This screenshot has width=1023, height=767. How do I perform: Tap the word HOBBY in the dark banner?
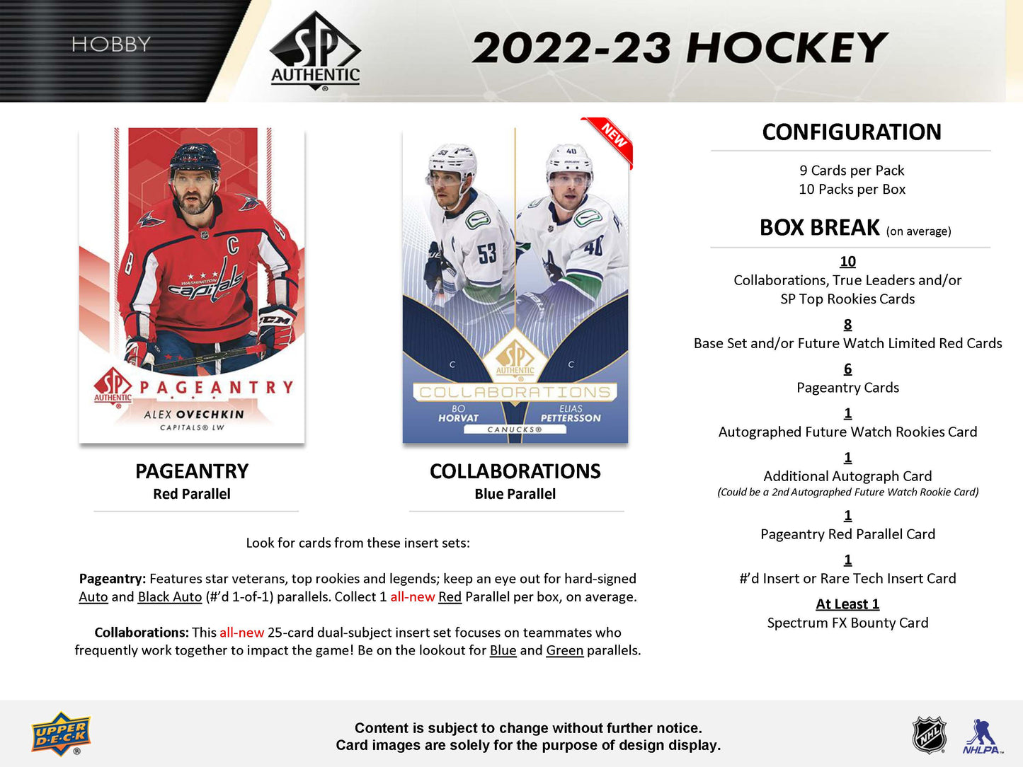coord(111,45)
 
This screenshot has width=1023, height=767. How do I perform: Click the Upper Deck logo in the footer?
coord(61,734)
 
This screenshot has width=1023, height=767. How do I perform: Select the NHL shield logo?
coord(929,734)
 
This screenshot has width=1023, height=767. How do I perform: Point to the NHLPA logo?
coord(981,736)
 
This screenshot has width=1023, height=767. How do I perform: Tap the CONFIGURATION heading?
coord(852,132)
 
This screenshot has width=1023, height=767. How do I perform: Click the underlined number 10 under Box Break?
coord(847,261)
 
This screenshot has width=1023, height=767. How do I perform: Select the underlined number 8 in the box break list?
coord(847,324)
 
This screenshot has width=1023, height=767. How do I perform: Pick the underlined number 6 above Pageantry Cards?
coord(847,369)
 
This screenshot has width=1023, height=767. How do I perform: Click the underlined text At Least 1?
coord(847,604)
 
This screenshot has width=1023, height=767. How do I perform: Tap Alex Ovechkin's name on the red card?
coord(193,415)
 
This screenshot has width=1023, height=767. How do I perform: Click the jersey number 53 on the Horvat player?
coord(486,253)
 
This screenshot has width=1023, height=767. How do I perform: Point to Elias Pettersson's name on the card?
coord(571,414)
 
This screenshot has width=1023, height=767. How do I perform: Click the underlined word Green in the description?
coord(564,650)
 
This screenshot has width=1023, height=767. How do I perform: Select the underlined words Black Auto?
coord(170,596)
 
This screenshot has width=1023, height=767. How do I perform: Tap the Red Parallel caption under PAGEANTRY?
coord(192,494)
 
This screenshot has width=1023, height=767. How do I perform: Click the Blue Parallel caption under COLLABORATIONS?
coord(515,494)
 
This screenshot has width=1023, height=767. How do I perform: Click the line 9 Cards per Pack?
coord(852,171)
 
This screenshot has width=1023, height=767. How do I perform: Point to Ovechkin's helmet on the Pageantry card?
coord(194,158)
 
